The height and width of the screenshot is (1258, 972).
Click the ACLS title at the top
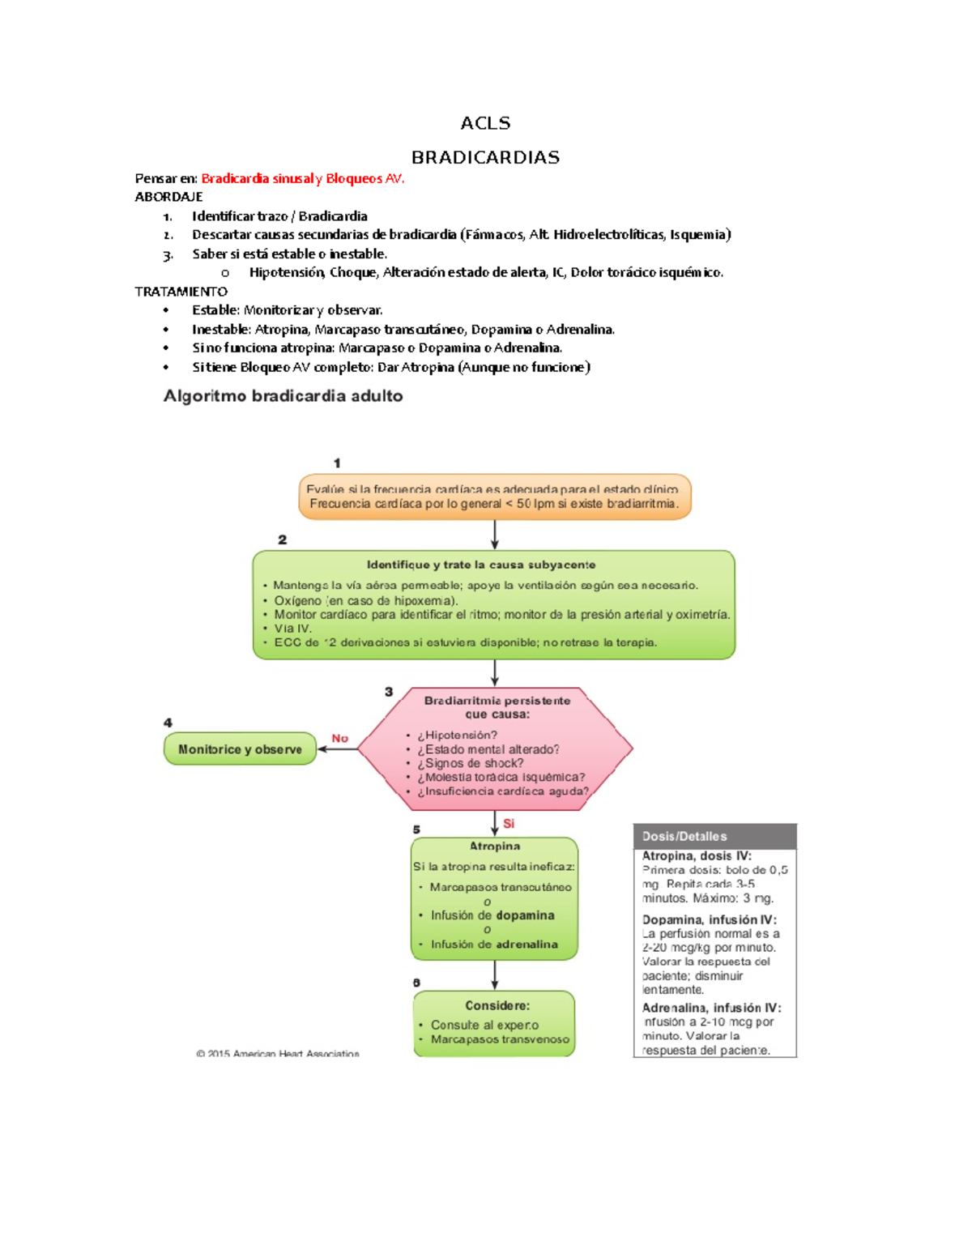[x=485, y=123]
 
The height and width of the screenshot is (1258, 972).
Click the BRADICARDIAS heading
[x=485, y=157]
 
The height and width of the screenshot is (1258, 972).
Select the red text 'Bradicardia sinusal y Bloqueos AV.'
[x=302, y=178]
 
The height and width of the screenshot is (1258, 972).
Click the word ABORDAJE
[x=168, y=197]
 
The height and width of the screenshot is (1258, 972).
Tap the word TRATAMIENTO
[x=181, y=292]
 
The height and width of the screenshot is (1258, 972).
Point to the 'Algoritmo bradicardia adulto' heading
[x=283, y=396]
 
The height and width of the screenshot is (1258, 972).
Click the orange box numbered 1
[x=494, y=497]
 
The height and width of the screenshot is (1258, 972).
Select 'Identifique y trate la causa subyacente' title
[x=481, y=565]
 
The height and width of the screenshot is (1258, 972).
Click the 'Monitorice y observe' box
[x=240, y=749]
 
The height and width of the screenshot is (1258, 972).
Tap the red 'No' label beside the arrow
[x=339, y=738]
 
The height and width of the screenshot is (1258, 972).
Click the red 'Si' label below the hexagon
[x=509, y=823]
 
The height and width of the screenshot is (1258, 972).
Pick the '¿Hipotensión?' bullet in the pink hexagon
[x=457, y=735]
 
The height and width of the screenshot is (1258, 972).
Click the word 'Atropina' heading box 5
[x=495, y=846]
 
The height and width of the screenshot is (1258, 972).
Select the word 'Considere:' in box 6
[x=497, y=1005]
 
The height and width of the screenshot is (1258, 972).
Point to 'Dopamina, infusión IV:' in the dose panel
[x=709, y=919]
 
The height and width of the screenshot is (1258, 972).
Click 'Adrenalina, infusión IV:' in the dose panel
[x=711, y=1008]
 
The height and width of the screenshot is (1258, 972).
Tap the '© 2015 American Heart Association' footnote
[x=277, y=1054]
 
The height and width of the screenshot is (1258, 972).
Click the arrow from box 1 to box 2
[x=495, y=535]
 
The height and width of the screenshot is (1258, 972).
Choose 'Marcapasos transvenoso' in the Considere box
[x=500, y=1039]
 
